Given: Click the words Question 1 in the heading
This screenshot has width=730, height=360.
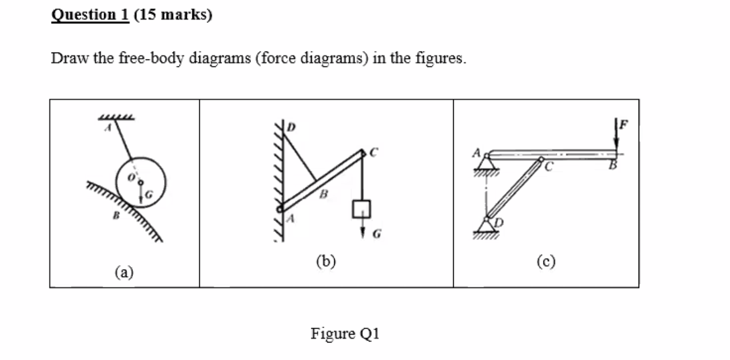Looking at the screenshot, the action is pyautogui.click(x=90, y=15).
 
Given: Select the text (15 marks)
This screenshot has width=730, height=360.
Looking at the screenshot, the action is pyautogui.click(x=173, y=15).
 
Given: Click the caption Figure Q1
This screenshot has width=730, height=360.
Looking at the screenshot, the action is pyautogui.click(x=345, y=333).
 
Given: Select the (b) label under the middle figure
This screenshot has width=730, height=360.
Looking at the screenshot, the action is pyautogui.click(x=326, y=260).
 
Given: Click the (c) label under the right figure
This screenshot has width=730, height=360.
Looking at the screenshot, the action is pyautogui.click(x=546, y=260).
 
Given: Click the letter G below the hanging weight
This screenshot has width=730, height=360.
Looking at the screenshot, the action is pyautogui.click(x=376, y=234).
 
